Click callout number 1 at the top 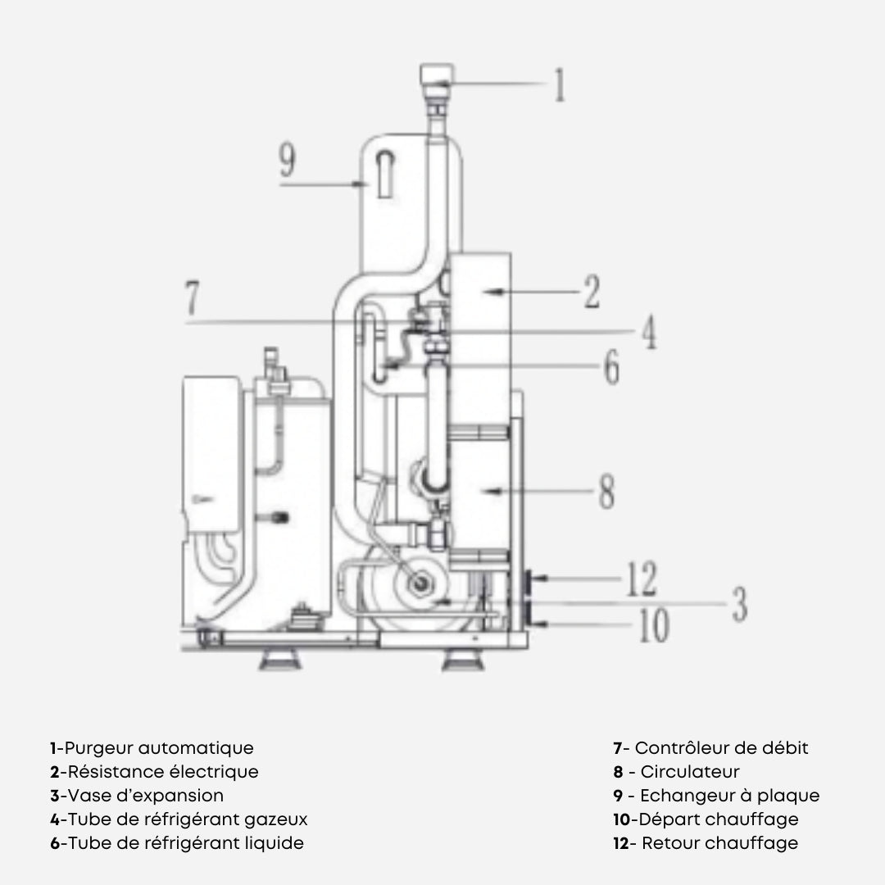click(x=560, y=85)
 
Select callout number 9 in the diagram click(x=286, y=161)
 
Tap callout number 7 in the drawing click(x=191, y=299)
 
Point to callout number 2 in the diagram click(x=592, y=292)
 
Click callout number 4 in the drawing click(x=648, y=334)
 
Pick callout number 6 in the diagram click(x=611, y=368)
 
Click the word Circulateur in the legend click(x=690, y=772)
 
